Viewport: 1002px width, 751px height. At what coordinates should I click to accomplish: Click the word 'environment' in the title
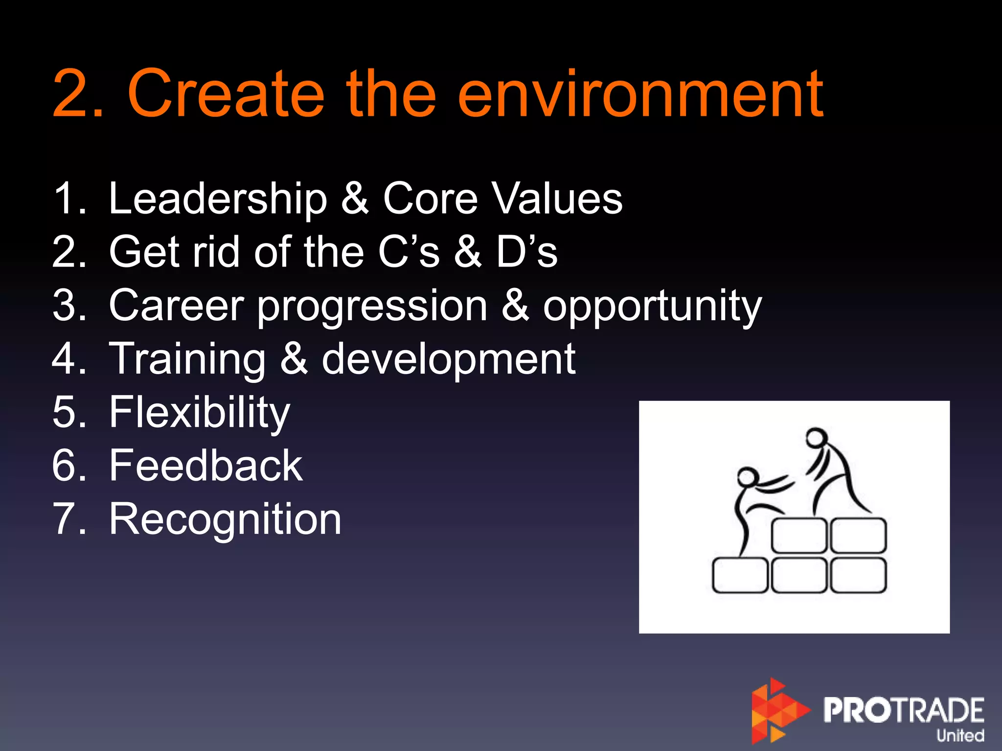pos(641,94)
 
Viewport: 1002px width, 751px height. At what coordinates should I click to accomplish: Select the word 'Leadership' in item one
pos(218,199)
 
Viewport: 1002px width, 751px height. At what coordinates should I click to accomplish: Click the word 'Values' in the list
pos(557,199)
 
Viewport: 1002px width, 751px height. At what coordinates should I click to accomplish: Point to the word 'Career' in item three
pos(176,306)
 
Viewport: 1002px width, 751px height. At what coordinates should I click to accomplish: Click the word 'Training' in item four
pos(187,359)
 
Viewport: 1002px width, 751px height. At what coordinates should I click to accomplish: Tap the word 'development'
pos(448,359)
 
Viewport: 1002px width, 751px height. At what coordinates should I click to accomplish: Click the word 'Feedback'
pos(205,465)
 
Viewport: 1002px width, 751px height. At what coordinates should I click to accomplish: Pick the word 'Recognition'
pos(225,519)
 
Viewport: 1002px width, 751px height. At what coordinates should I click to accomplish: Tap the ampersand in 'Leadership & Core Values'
pos(354,199)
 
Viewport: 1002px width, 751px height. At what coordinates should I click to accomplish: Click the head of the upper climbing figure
pos(816,437)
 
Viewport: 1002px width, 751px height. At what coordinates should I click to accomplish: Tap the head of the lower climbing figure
pos(747,476)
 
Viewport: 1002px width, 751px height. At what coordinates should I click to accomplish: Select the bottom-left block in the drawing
pos(739,575)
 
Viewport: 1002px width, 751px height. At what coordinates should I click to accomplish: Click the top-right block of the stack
pos(858,536)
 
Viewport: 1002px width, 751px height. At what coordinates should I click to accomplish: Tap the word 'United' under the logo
pos(960,735)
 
